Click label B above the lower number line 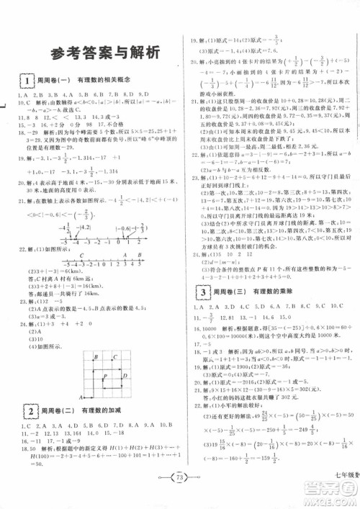(x=139, y=255)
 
